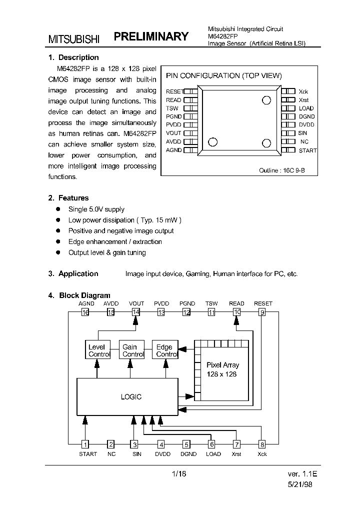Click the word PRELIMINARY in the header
coord(151,36)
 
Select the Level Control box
coord(96,350)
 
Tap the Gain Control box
coord(132,350)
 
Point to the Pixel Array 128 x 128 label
coord(223,369)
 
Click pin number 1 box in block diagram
coord(85,444)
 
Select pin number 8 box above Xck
coord(261,444)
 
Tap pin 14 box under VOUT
coord(135,312)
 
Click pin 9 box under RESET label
coord(262,312)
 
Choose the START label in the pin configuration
coord(307,150)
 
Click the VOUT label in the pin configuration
coord(173,133)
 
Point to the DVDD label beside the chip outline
coord(306,124)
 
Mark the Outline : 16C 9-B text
coord(281,170)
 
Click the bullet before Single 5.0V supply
coord(57,209)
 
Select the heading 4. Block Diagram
coord(79,295)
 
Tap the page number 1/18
coord(178,473)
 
